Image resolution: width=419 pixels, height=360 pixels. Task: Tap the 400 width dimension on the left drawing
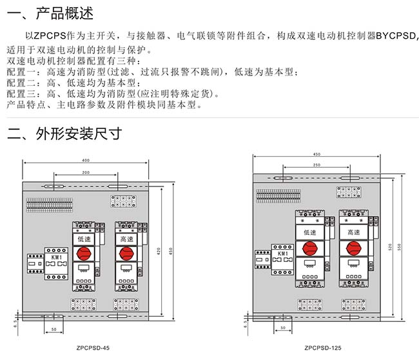tap(86, 160)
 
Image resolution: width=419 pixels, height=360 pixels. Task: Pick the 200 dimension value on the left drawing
tap(86, 174)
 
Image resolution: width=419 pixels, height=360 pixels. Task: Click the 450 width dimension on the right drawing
tap(316, 154)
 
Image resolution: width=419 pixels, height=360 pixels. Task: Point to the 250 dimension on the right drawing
tap(316, 165)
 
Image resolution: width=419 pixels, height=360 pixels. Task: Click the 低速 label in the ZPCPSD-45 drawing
tap(84, 239)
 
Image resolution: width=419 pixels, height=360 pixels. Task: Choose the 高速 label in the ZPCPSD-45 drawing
tap(127, 239)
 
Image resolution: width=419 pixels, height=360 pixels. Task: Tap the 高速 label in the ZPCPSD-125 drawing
tap(353, 232)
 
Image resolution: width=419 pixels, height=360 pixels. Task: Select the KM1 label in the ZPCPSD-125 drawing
tap(281, 253)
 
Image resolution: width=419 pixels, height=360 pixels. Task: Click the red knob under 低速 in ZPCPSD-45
tap(84, 254)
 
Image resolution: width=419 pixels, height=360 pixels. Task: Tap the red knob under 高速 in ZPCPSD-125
tap(353, 248)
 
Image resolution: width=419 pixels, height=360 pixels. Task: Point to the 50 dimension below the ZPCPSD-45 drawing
tap(54, 329)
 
